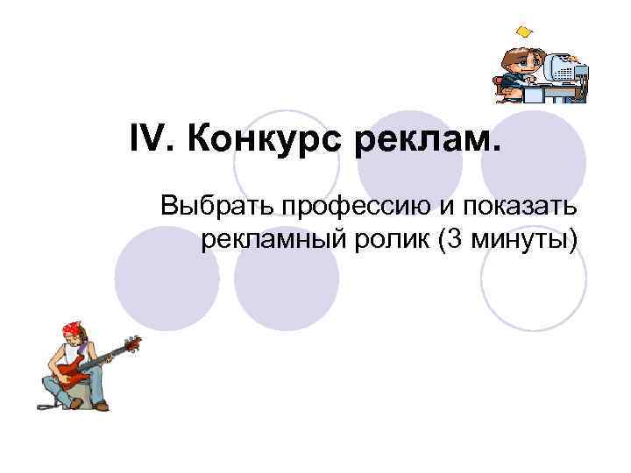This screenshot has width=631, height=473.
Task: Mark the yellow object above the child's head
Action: click(524, 32)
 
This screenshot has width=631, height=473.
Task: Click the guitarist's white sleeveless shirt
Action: click(72, 353)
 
